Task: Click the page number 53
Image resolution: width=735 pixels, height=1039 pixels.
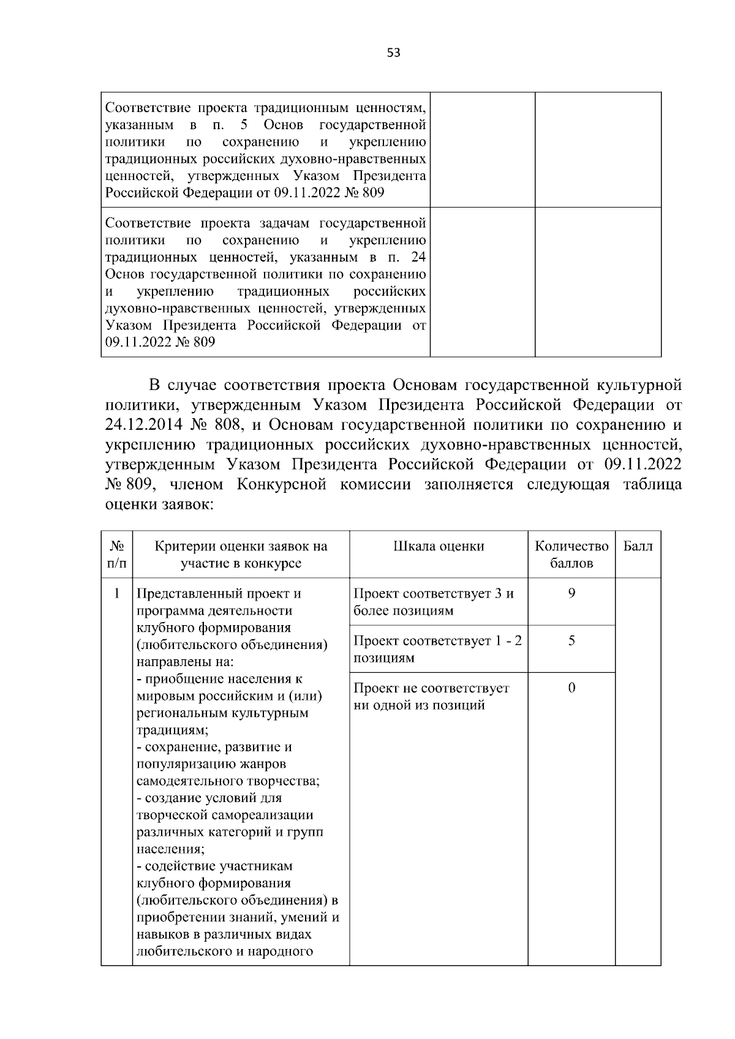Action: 393,53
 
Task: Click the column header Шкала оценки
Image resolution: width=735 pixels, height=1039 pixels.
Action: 439,546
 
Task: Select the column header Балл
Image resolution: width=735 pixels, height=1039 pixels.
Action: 638,546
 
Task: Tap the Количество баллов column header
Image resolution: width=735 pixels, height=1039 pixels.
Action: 571,554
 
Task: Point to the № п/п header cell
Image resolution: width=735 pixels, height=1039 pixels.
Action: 116,554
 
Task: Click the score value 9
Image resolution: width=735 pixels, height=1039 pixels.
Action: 571,593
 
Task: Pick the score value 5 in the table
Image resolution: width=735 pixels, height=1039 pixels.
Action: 571,640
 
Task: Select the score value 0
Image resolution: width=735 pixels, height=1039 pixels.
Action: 571,688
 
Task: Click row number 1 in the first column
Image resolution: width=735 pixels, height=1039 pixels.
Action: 116,593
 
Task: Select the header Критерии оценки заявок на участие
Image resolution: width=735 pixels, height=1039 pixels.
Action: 241,554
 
